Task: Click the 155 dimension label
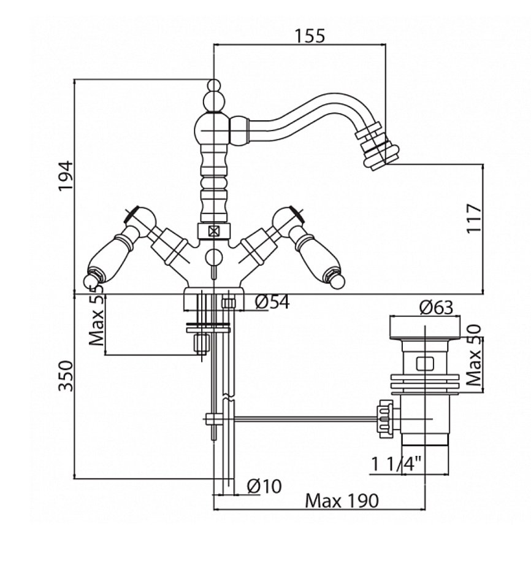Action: coord(308,36)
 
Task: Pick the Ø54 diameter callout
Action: coord(271,302)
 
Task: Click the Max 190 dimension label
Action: coord(342,501)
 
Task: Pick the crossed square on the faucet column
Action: coord(213,232)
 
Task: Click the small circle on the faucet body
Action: coord(213,257)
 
